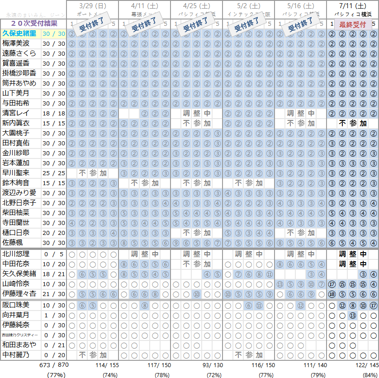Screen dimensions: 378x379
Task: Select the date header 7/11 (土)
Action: click(352, 6)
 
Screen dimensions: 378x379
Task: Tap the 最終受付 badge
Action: click(352, 24)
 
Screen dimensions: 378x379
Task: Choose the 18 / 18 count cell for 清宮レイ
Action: click(54, 113)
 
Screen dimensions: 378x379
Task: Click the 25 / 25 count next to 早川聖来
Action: click(54, 173)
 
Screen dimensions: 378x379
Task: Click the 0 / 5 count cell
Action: click(54, 254)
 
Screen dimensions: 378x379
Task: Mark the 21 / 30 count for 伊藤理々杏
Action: click(54, 294)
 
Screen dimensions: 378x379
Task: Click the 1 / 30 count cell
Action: click(54, 315)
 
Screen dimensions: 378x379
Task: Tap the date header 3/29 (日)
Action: click(92, 6)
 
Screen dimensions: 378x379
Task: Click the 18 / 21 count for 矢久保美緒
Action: click(54, 274)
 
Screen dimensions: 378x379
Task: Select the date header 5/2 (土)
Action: click(248, 6)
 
